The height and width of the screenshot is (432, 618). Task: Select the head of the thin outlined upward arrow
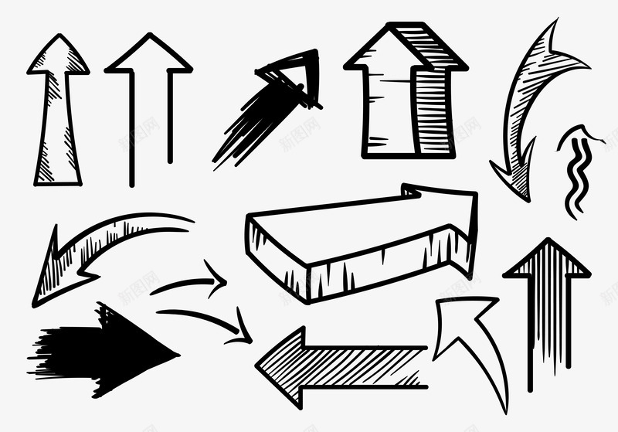[148, 57]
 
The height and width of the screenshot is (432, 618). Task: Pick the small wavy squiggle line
[576, 174]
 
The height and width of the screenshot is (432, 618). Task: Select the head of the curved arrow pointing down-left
[54, 270]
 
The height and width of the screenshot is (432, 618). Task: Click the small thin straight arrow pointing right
[193, 281]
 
